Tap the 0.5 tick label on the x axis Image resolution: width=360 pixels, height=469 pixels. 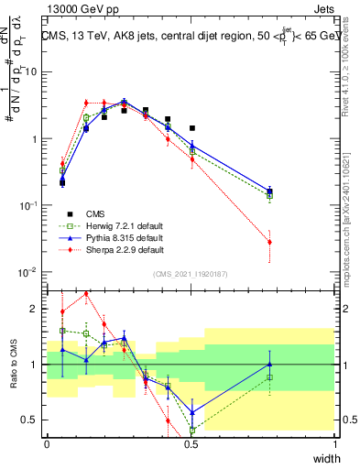pos(191,443)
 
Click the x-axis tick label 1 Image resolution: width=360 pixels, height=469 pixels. pos(335,443)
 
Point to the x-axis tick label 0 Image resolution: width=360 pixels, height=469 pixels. pos(48,443)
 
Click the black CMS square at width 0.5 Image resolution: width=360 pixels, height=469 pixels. pos(191,128)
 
